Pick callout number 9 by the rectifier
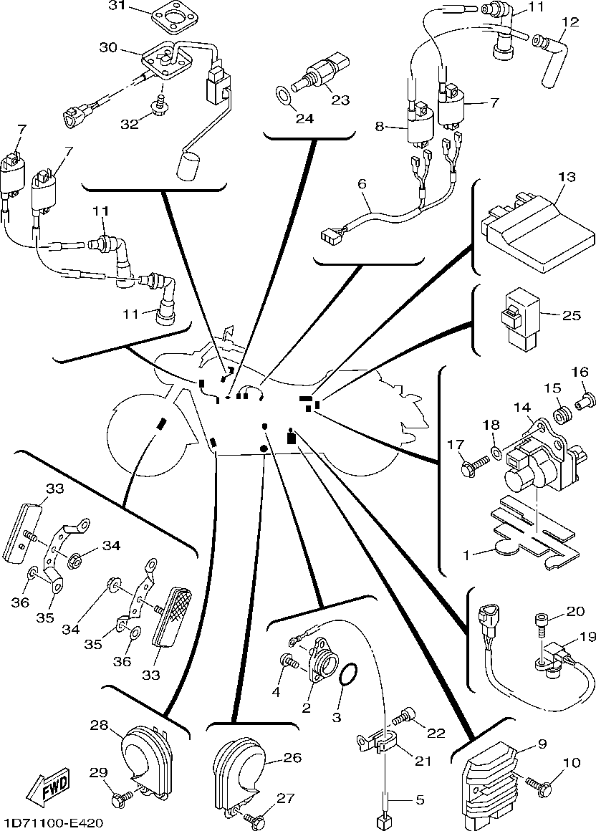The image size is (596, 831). [x=542, y=744]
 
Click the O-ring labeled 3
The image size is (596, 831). [x=348, y=676]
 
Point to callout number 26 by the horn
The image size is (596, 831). [x=273, y=758]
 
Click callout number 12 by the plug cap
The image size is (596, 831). [x=569, y=22]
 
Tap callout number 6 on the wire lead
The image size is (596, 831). [x=362, y=183]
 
